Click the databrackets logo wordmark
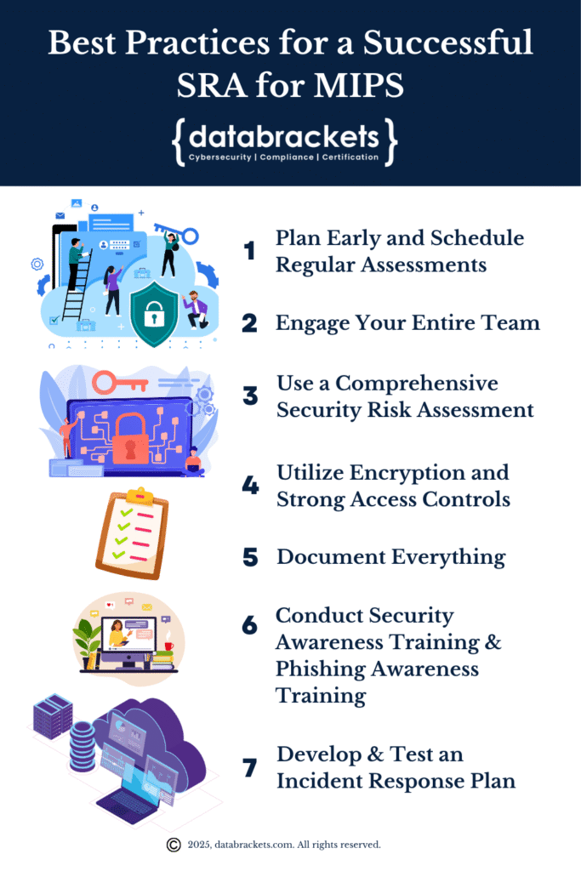284,137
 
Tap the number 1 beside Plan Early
249,251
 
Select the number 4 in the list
249,486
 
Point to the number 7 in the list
249,768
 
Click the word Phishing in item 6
322,669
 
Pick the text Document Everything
390,557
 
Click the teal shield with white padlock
153,315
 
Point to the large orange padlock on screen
131,436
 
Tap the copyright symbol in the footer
174,845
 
